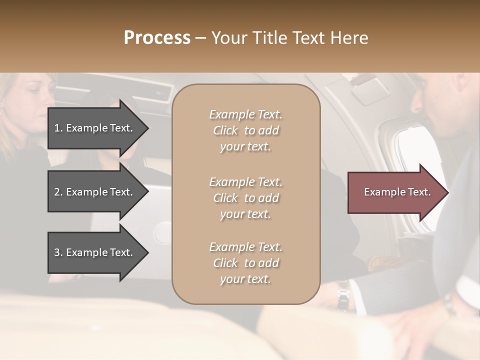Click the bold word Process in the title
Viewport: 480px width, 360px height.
point(157,38)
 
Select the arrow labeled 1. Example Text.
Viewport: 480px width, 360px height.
point(95,128)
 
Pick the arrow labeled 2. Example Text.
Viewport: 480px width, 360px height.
point(95,192)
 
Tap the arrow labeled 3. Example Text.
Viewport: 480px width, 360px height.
point(95,252)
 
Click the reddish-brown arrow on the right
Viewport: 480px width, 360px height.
point(395,192)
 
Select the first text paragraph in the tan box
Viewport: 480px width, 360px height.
point(245,130)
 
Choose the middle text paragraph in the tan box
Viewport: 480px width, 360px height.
point(245,198)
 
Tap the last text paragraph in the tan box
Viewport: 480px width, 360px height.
point(245,263)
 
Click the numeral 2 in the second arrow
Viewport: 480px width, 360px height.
point(57,192)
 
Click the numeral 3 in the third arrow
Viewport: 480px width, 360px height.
point(57,252)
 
